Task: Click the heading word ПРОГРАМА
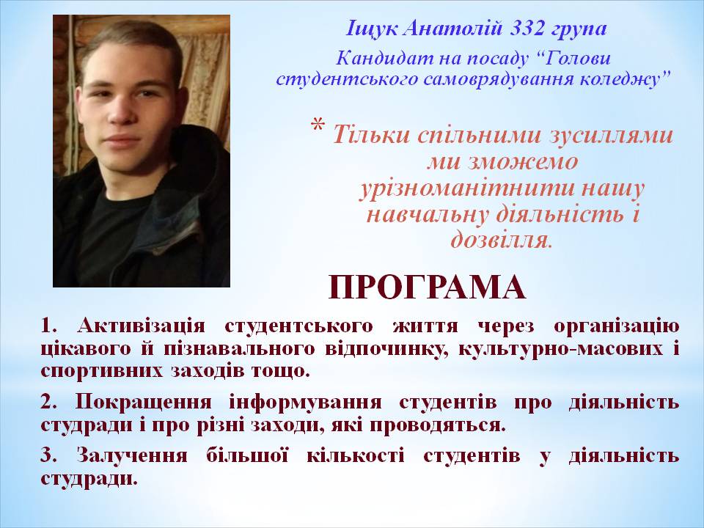428,287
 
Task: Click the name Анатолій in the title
452,29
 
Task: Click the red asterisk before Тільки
318,125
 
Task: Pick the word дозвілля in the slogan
501,240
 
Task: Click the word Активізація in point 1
141,326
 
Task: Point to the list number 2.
48,403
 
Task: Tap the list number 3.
48,455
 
